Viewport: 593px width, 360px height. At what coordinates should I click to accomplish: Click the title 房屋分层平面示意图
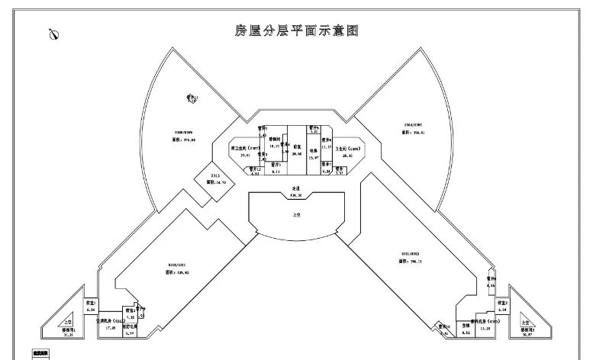tap(296, 31)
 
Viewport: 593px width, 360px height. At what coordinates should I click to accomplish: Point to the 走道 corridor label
tap(296, 190)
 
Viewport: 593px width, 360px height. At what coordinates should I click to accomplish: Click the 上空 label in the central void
tap(296, 216)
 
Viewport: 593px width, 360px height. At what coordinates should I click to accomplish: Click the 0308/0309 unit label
tap(183, 132)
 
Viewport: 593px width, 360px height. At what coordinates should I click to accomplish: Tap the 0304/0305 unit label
tap(412, 124)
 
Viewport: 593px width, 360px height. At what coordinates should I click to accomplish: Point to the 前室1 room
tap(90, 306)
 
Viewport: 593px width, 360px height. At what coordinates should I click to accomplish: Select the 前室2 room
tap(502, 306)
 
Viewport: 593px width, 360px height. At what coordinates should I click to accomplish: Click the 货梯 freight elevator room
tap(466, 326)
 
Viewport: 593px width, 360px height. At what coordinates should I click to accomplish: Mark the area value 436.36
tap(296, 195)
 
